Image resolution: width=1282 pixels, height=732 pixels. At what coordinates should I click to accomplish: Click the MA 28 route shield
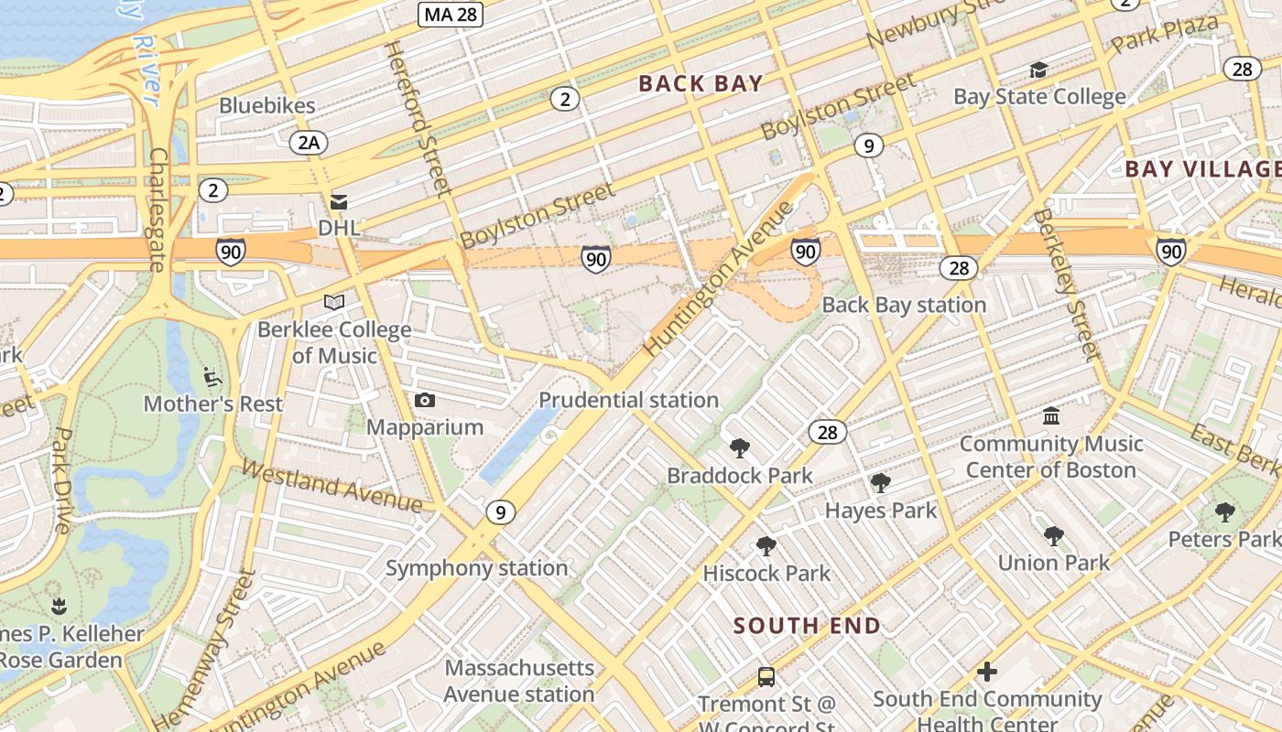pyautogui.click(x=451, y=15)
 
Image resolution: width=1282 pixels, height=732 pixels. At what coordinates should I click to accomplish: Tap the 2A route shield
pyautogui.click(x=309, y=142)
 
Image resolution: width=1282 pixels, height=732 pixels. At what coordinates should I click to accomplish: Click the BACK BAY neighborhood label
pyautogui.click(x=701, y=83)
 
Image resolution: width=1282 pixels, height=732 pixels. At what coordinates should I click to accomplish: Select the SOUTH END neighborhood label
pyautogui.click(x=807, y=626)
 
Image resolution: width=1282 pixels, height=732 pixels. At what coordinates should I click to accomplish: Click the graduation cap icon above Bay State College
pyautogui.click(x=1038, y=70)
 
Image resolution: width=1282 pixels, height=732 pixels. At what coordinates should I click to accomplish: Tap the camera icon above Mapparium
pyautogui.click(x=425, y=400)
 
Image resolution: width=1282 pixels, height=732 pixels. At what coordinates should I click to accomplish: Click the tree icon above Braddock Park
pyautogui.click(x=740, y=447)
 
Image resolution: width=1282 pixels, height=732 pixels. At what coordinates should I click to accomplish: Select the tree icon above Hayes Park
pyautogui.click(x=881, y=482)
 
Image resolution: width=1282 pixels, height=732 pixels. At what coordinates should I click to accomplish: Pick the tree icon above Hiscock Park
pyautogui.click(x=766, y=546)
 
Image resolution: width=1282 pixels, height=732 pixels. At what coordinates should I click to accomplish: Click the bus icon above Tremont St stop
pyautogui.click(x=766, y=677)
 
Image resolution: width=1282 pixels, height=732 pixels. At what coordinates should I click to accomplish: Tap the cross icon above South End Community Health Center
pyautogui.click(x=986, y=672)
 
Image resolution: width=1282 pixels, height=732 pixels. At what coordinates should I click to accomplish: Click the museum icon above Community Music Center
pyautogui.click(x=1051, y=416)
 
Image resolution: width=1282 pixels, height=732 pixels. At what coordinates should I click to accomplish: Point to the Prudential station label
pyautogui.click(x=628, y=400)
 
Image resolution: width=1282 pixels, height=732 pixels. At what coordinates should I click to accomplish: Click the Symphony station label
pyautogui.click(x=476, y=568)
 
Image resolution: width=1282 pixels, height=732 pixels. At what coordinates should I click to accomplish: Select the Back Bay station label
pyautogui.click(x=904, y=305)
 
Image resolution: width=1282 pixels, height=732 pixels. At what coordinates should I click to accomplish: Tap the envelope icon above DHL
pyautogui.click(x=339, y=201)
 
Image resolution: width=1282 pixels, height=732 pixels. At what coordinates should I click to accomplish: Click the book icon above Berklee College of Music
pyautogui.click(x=334, y=302)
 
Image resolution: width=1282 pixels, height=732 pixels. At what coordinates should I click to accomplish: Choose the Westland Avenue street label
pyautogui.click(x=331, y=486)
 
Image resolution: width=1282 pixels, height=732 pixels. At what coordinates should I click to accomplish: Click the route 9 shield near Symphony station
pyautogui.click(x=500, y=512)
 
